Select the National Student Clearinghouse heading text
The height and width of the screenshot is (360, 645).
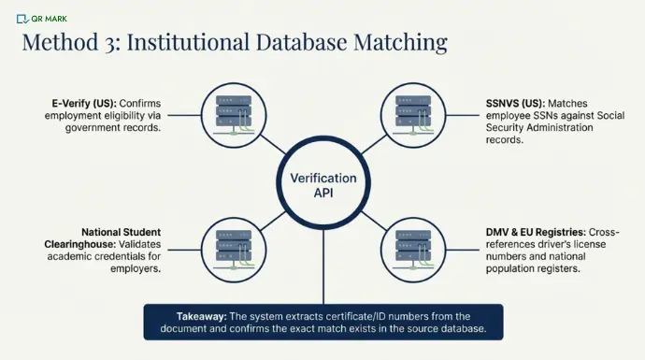122,238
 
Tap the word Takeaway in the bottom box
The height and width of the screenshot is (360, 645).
197,315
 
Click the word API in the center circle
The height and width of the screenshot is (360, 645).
322,193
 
